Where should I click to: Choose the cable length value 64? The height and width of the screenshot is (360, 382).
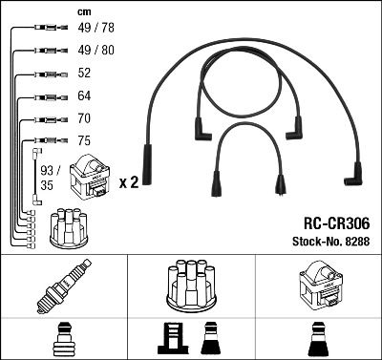pos(84,96)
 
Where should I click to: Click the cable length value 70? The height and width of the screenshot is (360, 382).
pos(84,119)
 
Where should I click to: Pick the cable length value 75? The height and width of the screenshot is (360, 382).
pos(84,141)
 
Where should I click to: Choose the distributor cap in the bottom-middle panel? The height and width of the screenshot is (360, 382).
pos(191,286)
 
